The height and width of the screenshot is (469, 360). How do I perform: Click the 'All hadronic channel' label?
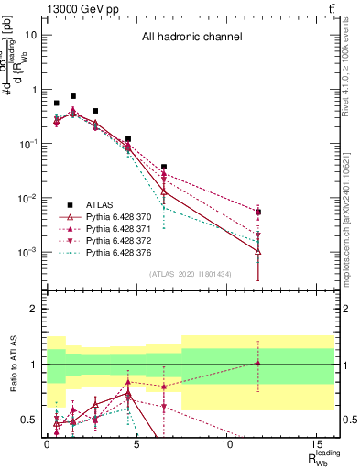point(191,38)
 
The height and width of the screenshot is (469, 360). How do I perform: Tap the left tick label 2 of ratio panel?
point(33,310)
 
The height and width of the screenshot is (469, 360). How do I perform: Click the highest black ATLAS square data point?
point(73,96)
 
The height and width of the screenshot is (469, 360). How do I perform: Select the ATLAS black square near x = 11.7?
point(258,213)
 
